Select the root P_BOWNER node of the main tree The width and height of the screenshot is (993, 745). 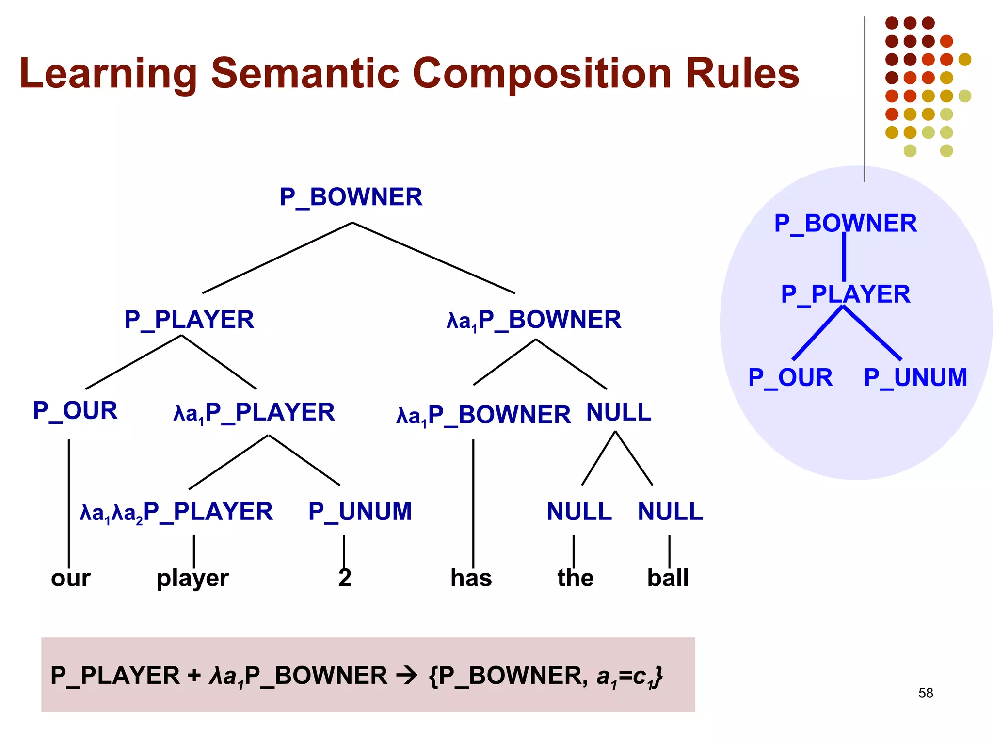click(351, 197)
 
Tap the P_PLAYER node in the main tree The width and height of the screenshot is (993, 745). click(189, 320)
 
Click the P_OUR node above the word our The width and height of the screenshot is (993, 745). click(75, 411)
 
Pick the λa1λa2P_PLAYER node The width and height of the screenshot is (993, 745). click(176, 512)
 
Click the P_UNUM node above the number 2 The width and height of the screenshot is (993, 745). click(360, 512)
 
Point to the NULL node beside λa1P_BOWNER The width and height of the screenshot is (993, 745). click(619, 413)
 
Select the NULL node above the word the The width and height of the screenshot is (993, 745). click(579, 512)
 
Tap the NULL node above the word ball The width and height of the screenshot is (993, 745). click(670, 512)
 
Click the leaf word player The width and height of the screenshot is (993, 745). click(192, 578)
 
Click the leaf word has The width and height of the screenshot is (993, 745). click(471, 578)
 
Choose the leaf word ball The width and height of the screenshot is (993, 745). click(668, 578)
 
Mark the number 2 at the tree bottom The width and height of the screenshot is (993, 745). click(345, 578)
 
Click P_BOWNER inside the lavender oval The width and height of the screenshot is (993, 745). click(845, 224)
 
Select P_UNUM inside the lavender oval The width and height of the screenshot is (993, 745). click(915, 378)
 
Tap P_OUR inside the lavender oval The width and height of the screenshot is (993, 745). click(790, 378)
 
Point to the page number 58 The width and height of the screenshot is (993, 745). click(926, 693)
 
